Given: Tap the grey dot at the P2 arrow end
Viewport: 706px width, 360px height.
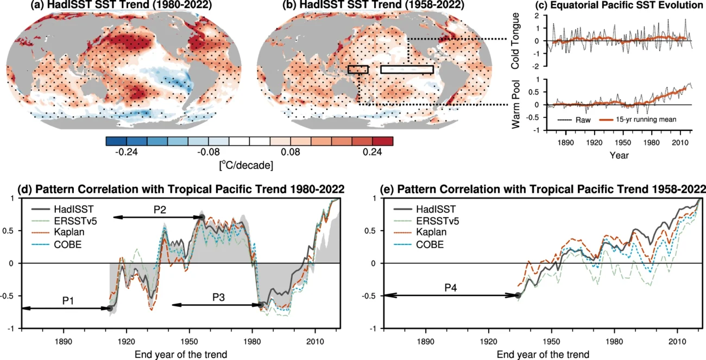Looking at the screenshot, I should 201,217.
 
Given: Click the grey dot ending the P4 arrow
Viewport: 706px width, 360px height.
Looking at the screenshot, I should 518,295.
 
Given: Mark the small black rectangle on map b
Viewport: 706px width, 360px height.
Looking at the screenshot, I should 358,70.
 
